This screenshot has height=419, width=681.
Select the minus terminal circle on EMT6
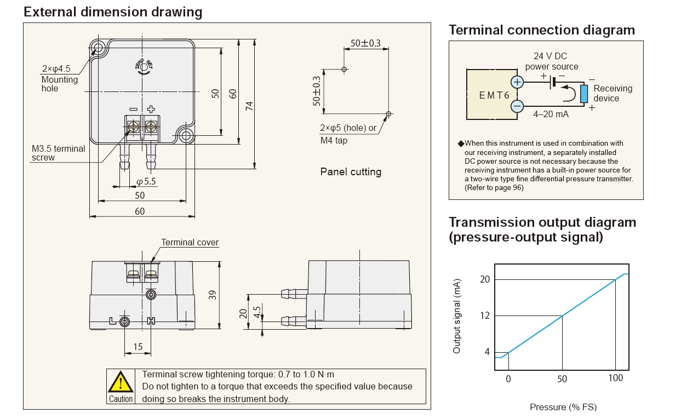tap(517, 106)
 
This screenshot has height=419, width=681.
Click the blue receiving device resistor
tap(585, 94)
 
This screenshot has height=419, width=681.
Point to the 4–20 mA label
tap(551, 114)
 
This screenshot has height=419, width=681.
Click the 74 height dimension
tap(250, 106)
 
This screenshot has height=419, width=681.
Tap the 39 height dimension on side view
tap(213, 294)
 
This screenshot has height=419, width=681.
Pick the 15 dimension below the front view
tap(138, 347)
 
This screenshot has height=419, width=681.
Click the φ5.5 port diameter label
tap(146, 181)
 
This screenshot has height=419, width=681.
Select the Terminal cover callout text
tap(190, 242)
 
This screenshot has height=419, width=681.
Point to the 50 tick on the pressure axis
tap(562, 379)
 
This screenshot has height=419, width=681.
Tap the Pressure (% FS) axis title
tap(563, 407)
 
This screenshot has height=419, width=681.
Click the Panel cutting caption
tap(351, 171)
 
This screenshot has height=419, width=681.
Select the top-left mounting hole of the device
tap(98, 47)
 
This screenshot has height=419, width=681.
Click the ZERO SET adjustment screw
tap(144, 67)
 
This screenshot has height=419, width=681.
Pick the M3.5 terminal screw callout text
tap(58, 153)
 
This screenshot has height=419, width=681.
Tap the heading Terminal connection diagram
tap(541, 30)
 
